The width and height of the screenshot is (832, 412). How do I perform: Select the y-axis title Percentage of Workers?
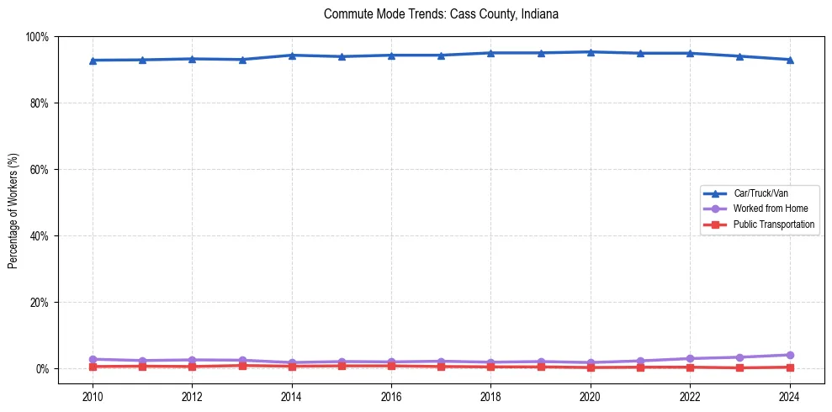(x=13, y=210)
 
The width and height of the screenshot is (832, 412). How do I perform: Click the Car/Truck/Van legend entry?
(x=760, y=193)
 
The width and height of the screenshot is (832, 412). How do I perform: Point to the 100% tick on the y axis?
(x=37, y=37)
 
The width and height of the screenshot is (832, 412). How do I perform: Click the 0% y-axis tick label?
(x=41, y=368)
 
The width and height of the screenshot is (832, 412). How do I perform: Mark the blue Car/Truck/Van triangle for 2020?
(x=591, y=52)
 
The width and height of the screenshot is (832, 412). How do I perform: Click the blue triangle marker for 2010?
(x=93, y=61)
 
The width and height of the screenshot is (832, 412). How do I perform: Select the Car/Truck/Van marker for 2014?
(x=292, y=55)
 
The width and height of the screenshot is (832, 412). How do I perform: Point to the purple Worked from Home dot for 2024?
(x=790, y=355)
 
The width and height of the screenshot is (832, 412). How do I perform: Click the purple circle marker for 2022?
(x=691, y=358)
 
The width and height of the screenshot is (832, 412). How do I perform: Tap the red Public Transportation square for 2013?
(x=242, y=366)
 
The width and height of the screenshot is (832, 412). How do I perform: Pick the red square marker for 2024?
(x=790, y=367)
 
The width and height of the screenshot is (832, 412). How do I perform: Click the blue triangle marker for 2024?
(x=790, y=60)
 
